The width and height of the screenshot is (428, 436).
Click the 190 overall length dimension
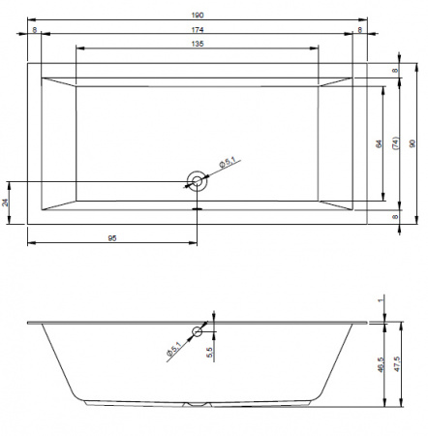198,16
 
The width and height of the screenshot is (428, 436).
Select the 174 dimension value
198,30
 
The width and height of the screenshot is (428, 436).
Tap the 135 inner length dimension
198,44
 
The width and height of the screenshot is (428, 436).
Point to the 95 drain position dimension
112,238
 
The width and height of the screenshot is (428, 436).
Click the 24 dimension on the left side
5,202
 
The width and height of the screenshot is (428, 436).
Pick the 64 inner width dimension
379,143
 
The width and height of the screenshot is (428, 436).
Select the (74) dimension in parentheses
396,142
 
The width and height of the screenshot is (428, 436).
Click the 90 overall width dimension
413,143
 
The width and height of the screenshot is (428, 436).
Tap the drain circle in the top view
197,181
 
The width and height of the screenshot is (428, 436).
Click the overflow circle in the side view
198,331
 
